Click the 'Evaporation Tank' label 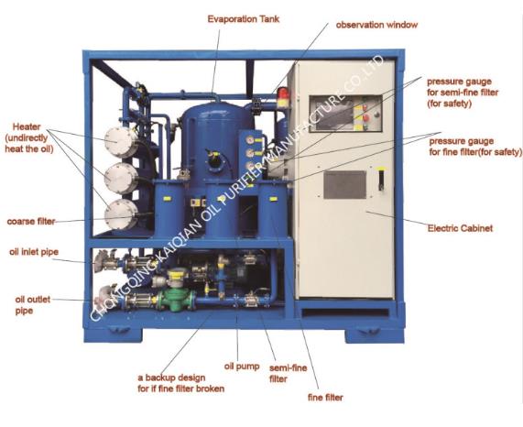point(244,19)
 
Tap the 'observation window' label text point(376,25)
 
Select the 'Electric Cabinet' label point(460,228)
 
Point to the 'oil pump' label point(242,367)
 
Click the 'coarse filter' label point(31,221)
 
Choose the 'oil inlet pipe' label point(34,252)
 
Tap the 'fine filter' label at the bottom point(325,398)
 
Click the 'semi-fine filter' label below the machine point(289,374)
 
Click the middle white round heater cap point(121,178)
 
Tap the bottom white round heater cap point(121,214)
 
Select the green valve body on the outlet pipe point(177,300)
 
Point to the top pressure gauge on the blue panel point(249,140)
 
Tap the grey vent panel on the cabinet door point(345,185)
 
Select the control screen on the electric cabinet point(333,114)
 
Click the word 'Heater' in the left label point(27,126)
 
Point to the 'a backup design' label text point(171,378)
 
